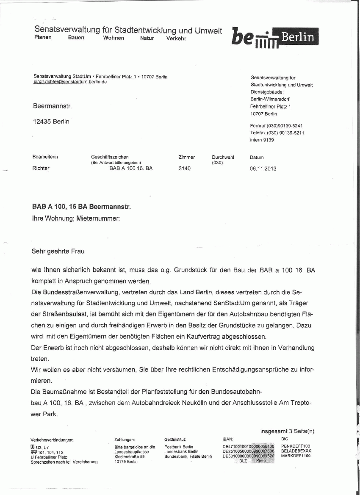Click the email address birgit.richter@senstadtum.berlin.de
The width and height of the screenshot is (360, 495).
pos(70,82)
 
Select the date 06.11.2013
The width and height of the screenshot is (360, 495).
pos(263,168)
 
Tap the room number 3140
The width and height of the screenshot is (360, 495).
pos(185,168)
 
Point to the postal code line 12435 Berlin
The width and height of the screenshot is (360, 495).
pos(51,122)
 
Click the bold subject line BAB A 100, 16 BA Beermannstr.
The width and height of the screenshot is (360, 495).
pos(82,207)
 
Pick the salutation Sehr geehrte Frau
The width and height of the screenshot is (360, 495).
pos(58,251)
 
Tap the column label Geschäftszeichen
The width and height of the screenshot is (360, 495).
pos(110,157)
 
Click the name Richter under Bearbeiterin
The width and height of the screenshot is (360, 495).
pos(41,168)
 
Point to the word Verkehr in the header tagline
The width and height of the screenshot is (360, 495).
pos(176,38)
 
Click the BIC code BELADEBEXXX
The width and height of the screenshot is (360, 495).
pos(296,451)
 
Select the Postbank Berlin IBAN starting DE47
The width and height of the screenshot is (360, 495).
pos(248,446)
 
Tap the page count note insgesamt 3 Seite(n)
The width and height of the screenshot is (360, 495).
pos(288,431)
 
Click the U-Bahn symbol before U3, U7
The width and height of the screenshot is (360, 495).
pos(33,447)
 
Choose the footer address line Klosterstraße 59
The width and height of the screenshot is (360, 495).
pos(130,456)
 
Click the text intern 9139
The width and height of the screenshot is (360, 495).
pos(262,140)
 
